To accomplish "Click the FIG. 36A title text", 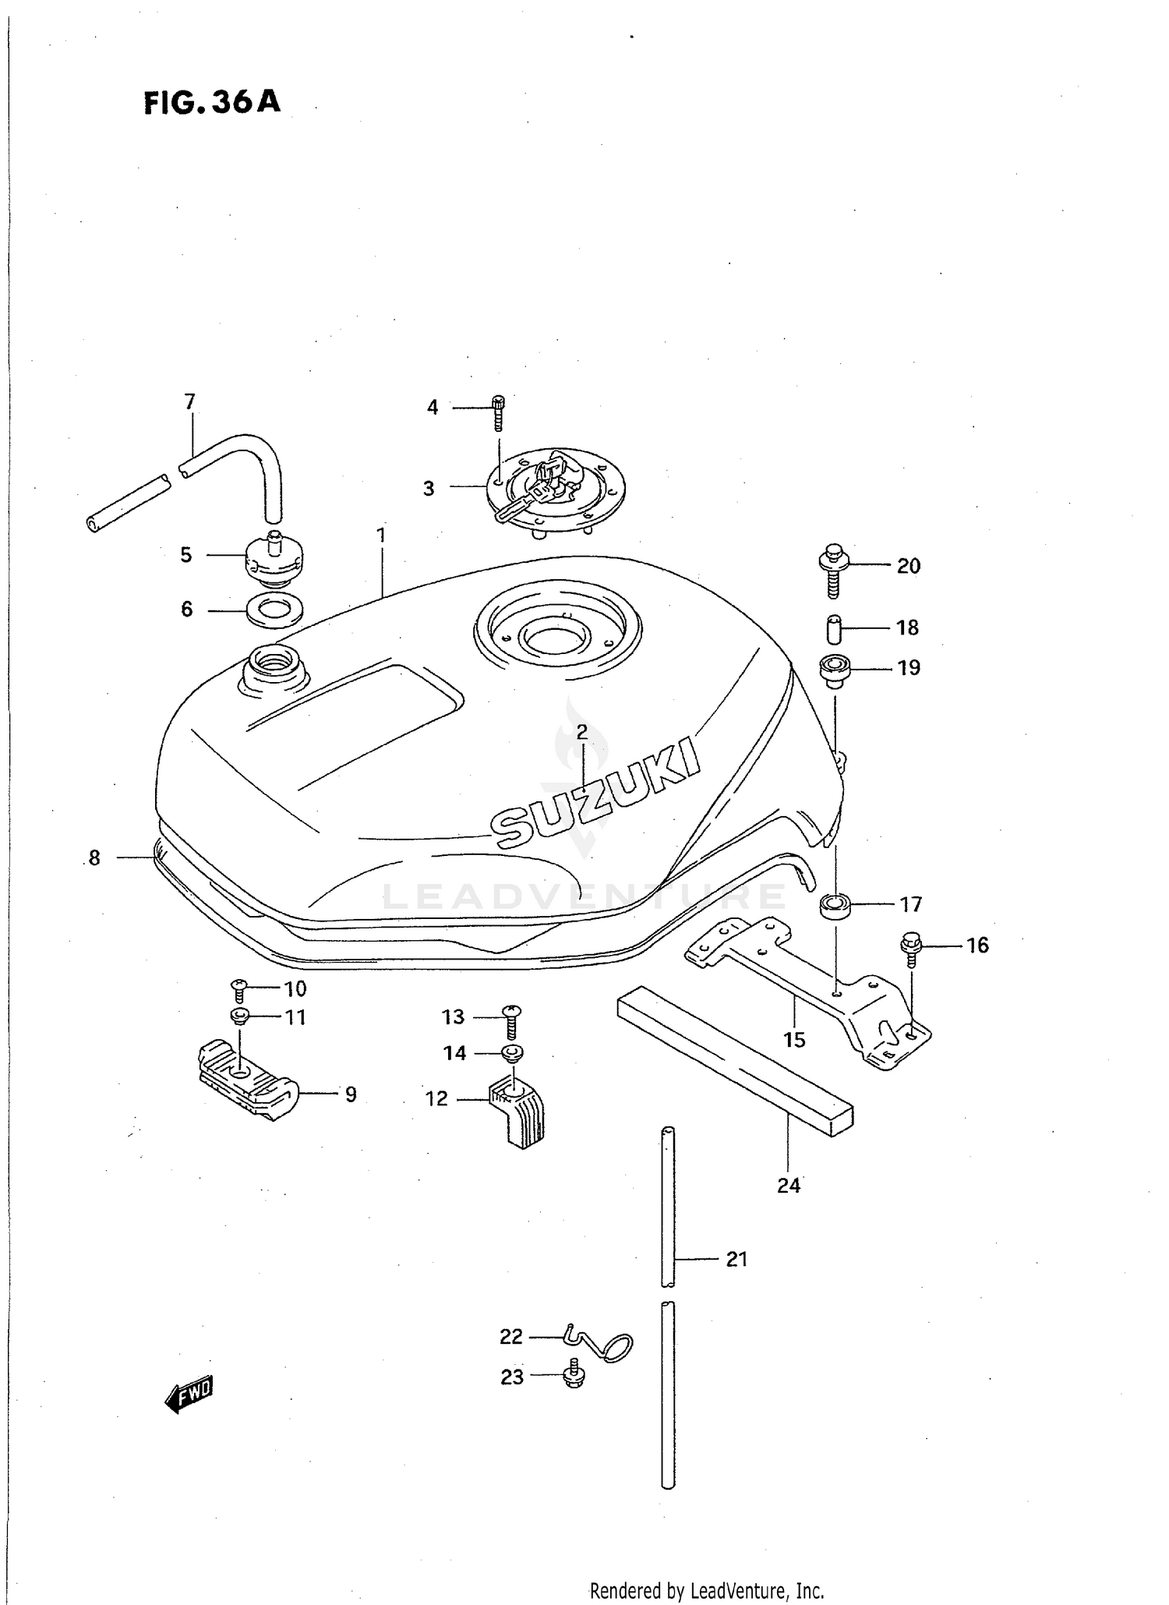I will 212,103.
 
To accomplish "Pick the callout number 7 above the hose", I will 189,402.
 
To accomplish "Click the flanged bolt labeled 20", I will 832,570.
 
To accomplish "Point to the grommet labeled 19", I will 834,670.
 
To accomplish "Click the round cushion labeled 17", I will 834,907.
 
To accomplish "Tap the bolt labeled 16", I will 910,948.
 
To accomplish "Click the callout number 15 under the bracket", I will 794,1040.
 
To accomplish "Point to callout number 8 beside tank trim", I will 94,858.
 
